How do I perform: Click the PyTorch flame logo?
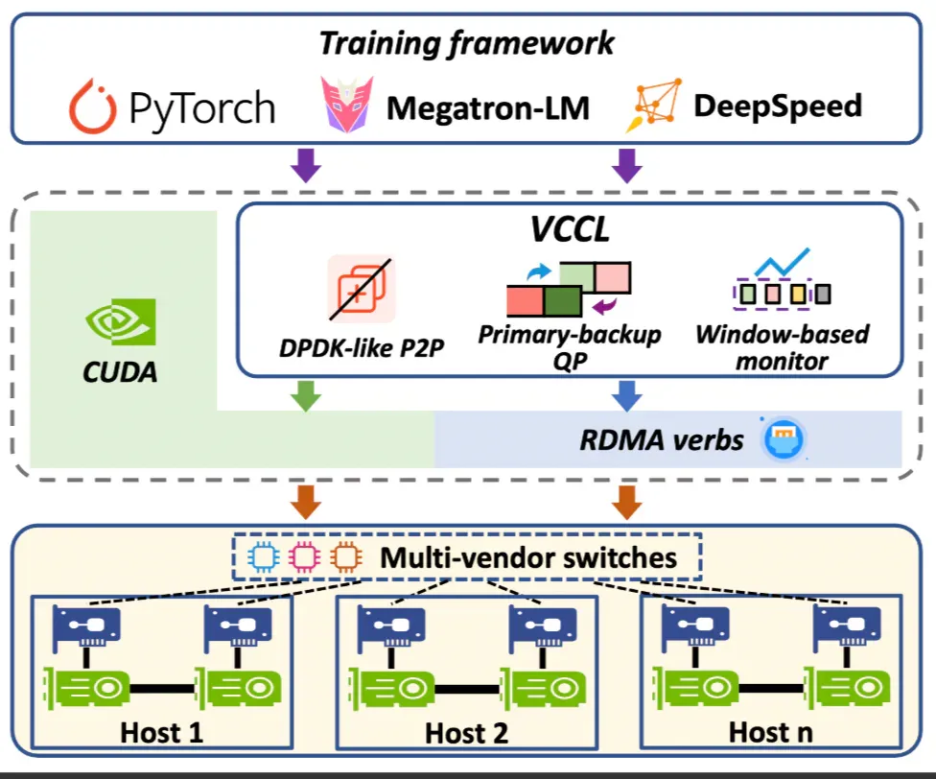[92, 106]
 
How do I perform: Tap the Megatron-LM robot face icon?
[347, 104]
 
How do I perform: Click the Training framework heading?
[466, 43]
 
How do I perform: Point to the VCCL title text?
[570, 228]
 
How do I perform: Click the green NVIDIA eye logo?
[121, 321]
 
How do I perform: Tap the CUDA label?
[120, 372]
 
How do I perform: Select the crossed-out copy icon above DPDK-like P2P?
[362, 289]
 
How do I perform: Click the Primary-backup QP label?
[570, 347]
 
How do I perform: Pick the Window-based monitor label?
[782, 347]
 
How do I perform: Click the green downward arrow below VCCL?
[306, 396]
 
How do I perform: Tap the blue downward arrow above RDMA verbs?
[627, 396]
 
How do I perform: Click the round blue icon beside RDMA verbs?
[784, 438]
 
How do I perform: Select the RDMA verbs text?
[662, 440]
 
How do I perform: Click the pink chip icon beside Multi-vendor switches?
[304, 557]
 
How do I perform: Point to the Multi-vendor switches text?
[528, 557]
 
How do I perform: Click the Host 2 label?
[466, 732]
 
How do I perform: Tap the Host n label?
[771, 732]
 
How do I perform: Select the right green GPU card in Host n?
[848, 688]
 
